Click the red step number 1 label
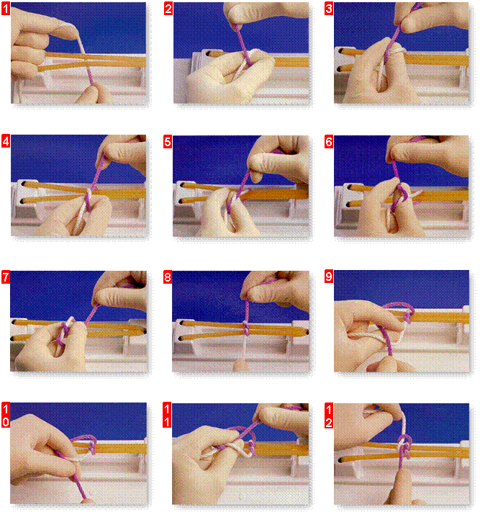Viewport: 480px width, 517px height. click(x=6, y=9)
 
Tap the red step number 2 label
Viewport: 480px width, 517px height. click(x=168, y=9)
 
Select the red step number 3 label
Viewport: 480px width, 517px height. click(x=328, y=9)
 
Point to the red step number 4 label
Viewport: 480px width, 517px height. click(x=6, y=141)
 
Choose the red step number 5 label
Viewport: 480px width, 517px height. click(x=168, y=142)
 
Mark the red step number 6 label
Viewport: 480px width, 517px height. click(x=328, y=142)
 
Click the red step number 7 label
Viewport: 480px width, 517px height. click(x=6, y=277)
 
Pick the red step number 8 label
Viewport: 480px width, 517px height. click(x=168, y=277)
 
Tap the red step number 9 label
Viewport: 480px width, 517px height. click(x=328, y=277)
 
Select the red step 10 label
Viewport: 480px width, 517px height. click(x=6, y=415)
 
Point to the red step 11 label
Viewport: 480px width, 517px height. click(x=167, y=415)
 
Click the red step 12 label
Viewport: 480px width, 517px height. click(x=328, y=415)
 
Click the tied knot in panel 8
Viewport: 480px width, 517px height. click(x=246, y=328)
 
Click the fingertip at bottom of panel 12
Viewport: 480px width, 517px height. click(x=404, y=484)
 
